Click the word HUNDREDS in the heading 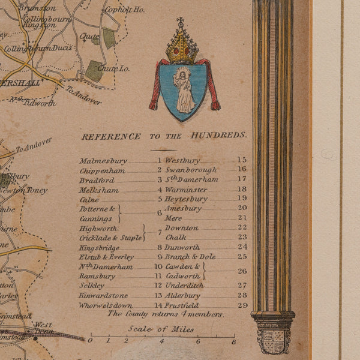[x=219, y=136]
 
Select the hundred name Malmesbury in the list [x=103, y=161]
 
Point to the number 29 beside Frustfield [x=242, y=305]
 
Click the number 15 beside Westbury [x=242, y=160]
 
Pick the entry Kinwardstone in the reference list [x=103, y=295]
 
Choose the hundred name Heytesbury [x=186, y=199]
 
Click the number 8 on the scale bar [x=233, y=341]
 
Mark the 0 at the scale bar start [x=90, y=341]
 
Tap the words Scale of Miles [x=161, y=329]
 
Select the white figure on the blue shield [x=184, y=91]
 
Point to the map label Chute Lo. [x=113, y=68]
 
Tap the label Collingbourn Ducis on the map [x=38, y=49]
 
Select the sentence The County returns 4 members [x=165, y=314]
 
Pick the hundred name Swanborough [x=190, y=170]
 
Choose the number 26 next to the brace [x=242, y=271]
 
